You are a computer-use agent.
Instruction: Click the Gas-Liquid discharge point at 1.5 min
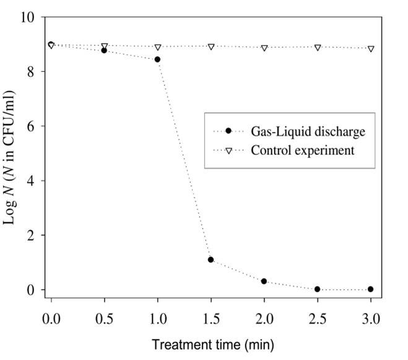(211, 260)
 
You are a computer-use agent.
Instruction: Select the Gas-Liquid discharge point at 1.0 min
(157, 59)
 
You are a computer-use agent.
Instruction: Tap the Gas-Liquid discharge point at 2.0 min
(264, 281)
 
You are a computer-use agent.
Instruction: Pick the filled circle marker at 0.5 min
(104, 50)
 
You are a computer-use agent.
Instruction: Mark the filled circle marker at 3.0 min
(370, 289)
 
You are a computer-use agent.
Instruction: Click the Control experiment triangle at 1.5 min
(211, 46)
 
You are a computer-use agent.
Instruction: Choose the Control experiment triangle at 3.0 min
(370, 48)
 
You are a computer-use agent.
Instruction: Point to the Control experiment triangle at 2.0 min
(264, 48)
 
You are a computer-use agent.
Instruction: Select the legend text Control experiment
(302, 150)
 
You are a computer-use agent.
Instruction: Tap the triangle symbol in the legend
(228, 151)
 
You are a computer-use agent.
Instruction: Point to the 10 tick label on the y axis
(28, 17)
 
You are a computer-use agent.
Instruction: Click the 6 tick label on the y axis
(32, 126)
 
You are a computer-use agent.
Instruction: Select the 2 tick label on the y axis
(32, 235)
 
